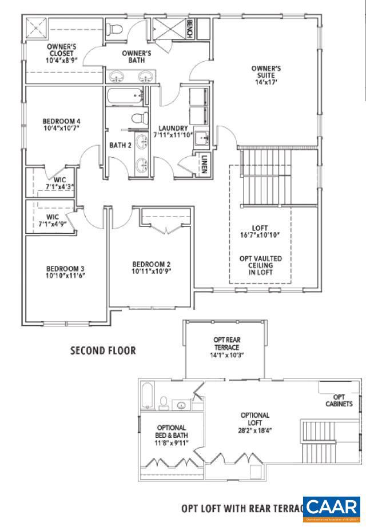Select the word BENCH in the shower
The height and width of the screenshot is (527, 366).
(190, 29)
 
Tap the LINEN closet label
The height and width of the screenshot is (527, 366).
(203, 164)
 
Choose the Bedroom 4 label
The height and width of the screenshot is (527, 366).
(61, 125)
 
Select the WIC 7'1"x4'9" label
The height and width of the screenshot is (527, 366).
(53, 221)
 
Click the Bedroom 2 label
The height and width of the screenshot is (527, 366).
(152, 268)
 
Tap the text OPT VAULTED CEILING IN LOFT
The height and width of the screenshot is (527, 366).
(260, 266)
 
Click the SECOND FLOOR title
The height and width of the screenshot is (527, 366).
(103, 350)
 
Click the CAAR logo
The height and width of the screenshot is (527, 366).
(332, 508)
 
